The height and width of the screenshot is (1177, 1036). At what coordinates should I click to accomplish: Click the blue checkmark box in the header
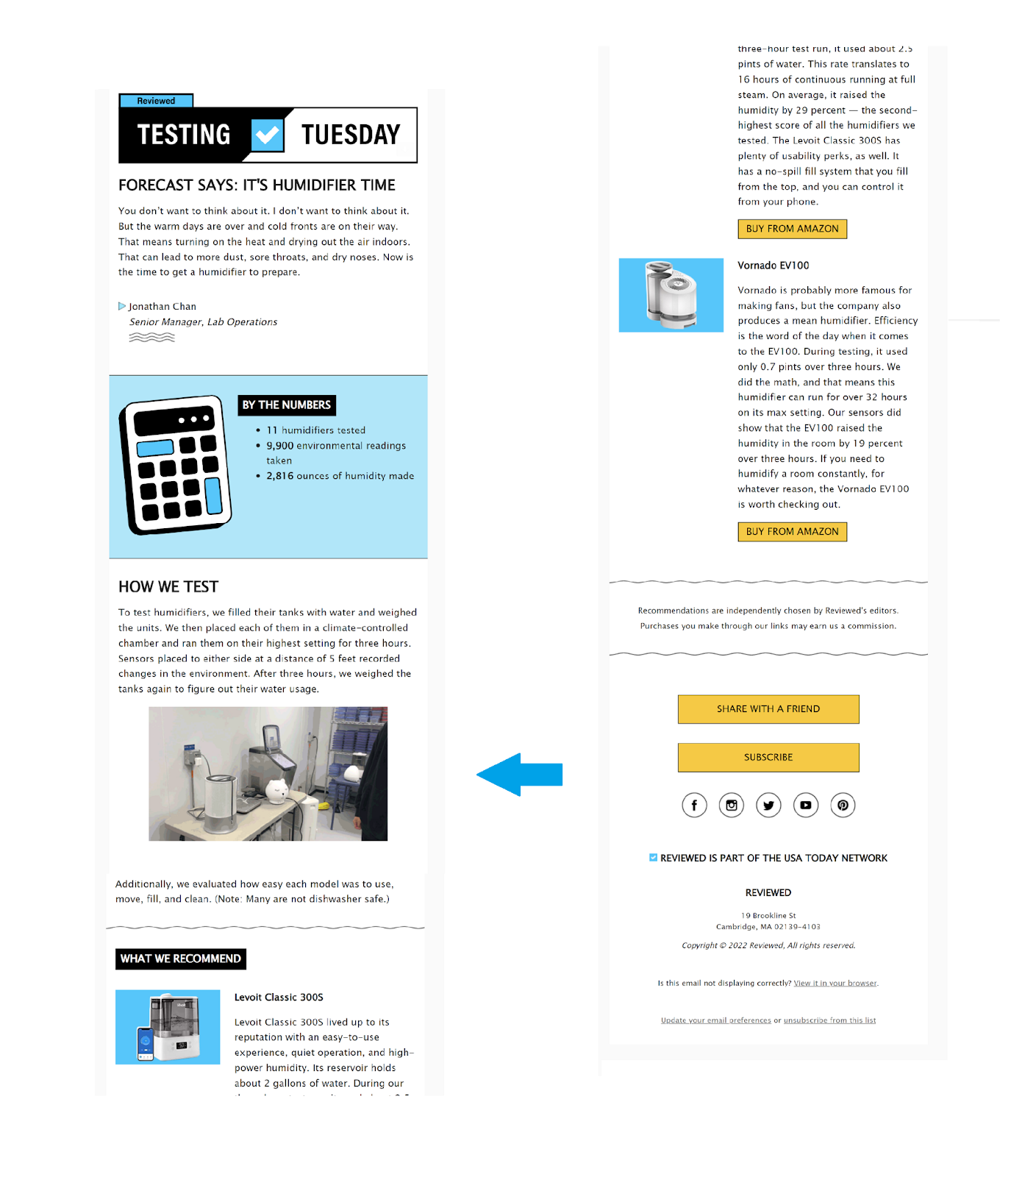(268, 135)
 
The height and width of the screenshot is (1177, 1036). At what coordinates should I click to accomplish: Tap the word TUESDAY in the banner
(351, 135)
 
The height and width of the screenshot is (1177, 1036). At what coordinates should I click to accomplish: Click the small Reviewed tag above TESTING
(156, 101)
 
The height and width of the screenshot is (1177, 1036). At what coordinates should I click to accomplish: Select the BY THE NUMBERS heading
(287, 405)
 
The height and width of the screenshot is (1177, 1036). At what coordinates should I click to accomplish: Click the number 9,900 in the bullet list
(279, 446)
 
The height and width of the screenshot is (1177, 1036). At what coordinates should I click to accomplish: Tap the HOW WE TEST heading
(168, 587)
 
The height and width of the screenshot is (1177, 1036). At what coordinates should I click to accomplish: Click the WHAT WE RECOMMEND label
(181, 959)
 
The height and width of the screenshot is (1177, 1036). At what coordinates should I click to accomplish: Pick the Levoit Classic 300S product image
(168, 1027)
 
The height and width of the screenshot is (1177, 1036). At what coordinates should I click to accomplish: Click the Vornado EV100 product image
(671, 295)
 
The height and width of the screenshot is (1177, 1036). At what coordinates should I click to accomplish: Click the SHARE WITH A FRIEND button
(768, 709)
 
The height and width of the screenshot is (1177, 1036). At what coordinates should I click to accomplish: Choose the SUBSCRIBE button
(768, 758)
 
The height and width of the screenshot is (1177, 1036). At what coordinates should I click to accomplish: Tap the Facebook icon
(694, 806)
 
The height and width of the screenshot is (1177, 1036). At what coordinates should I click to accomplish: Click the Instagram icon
(732, 806)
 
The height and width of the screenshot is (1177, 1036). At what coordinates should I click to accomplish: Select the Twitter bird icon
(768, 806)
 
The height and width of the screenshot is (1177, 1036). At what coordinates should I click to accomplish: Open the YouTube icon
(806, 806)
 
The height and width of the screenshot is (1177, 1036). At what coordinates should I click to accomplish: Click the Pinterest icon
(843, 806)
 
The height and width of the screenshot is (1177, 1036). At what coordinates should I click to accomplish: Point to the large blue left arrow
(519, 775)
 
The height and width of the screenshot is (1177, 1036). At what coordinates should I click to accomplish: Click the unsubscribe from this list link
(829, 1020)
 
